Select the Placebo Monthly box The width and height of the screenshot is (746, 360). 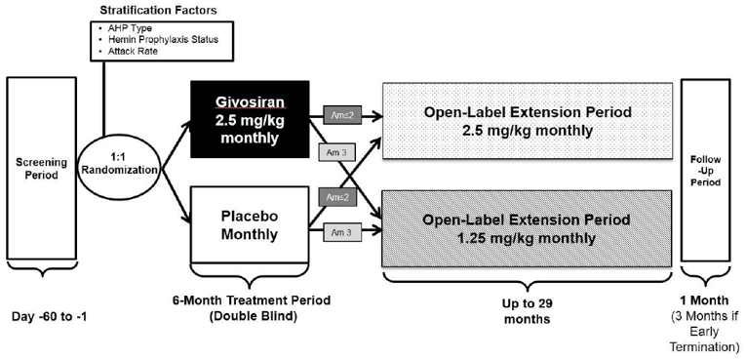coord(250,223)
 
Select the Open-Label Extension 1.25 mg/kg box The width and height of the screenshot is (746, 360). coord(525,225)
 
